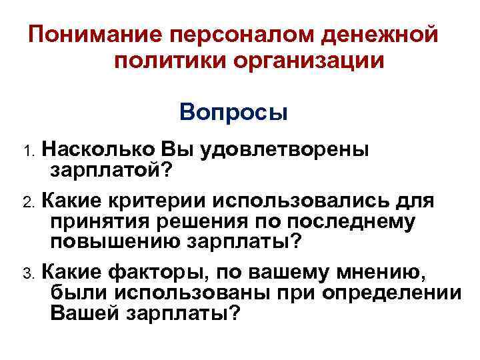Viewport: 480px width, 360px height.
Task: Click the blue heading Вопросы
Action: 233,111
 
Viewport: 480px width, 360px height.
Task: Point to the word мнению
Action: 390,271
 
